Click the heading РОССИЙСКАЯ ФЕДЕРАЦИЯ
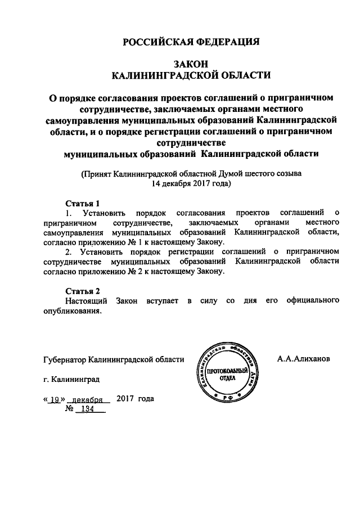tap(191, 42)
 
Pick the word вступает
tap(163, 301)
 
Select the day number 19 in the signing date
tap(55, 399)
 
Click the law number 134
tap(87, 410)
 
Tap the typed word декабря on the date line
tap(91, 399)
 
